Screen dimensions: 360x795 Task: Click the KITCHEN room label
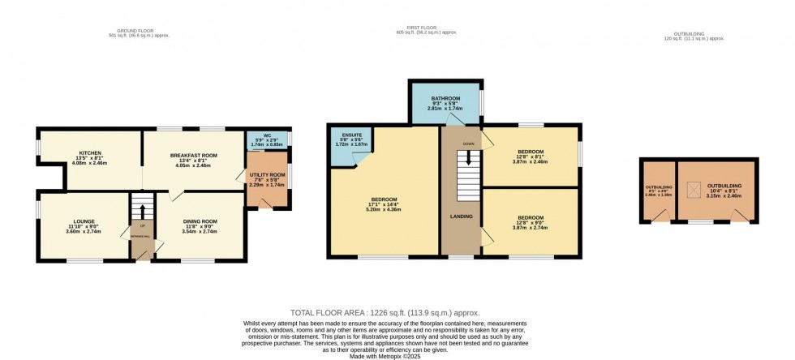89,152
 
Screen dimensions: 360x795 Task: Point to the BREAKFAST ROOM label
194,155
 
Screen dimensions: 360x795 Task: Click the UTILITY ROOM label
267,174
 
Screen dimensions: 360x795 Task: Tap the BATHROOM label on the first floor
445,98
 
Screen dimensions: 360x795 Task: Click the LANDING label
461,216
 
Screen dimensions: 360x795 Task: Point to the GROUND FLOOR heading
144,33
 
